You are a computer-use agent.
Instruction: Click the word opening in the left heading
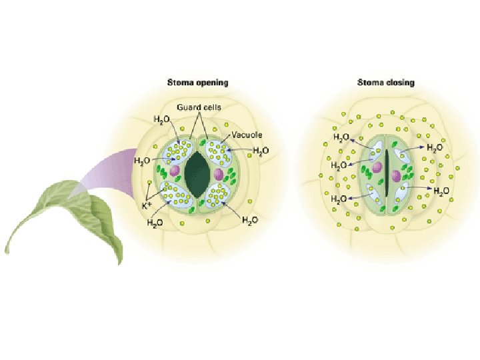click(210, 83)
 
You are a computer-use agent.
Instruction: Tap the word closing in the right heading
click(400, 83)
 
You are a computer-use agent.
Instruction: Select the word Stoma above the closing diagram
click(371, 83)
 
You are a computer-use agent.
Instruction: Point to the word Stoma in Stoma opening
click(179, 83)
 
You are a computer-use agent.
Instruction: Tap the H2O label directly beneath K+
click(155, 223)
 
